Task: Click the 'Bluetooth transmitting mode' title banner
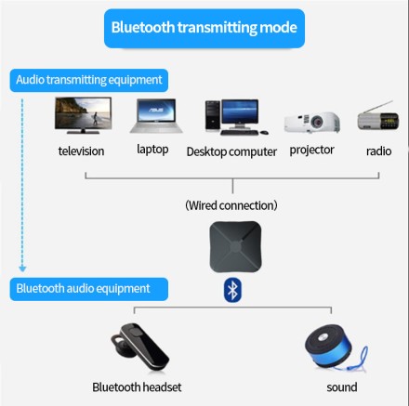coord(204,27)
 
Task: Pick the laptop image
coord(153,117)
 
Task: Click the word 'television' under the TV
coord(81,151)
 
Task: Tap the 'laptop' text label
coord(152,149)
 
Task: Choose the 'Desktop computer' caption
coord(231,151)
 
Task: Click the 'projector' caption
coord(311,149)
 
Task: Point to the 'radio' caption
coord(378,151)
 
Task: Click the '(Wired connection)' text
coord(231,204)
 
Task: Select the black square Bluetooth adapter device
coord(231,246)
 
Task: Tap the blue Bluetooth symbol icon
coord(231,290)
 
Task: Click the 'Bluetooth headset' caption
coord(137,386)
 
